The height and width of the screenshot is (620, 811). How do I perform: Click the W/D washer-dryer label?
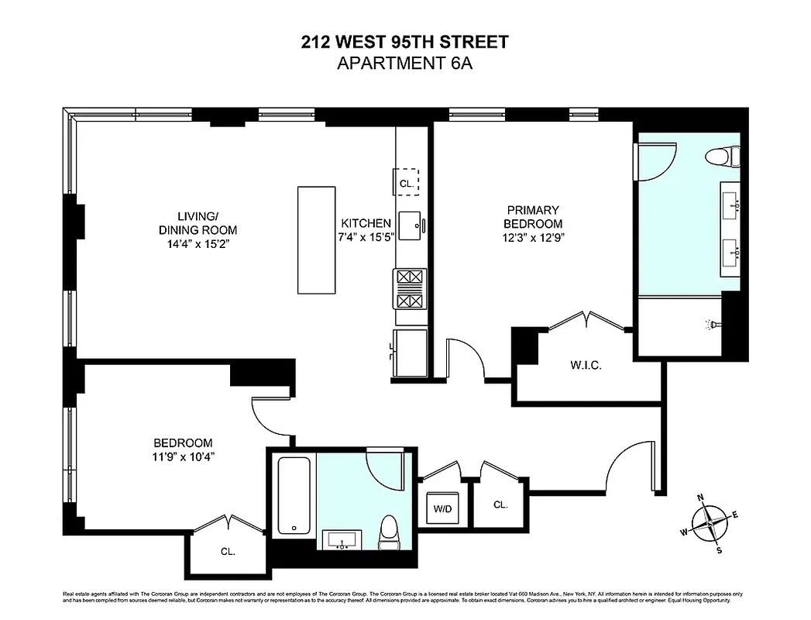pos(442,509)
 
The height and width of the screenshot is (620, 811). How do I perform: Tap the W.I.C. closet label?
pos(586,365)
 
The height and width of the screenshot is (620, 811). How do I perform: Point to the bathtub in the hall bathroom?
pos(294,494)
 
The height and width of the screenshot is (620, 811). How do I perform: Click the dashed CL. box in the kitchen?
pos(406,182)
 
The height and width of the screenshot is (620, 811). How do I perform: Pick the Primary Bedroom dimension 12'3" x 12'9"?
pos(534,238)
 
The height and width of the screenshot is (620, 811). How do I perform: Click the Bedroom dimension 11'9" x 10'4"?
pos(184,456)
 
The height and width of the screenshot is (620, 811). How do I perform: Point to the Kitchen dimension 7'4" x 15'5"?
pos(364,237)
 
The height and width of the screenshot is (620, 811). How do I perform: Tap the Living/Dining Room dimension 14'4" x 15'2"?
pos(198,244)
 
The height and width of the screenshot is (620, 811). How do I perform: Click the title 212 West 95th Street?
pos(405,42)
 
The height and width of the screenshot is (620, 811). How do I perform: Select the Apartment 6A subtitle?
pos(405,63)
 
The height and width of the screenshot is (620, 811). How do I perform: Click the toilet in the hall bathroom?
pos(388,531)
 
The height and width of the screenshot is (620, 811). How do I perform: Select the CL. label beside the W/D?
pos(500,505)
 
